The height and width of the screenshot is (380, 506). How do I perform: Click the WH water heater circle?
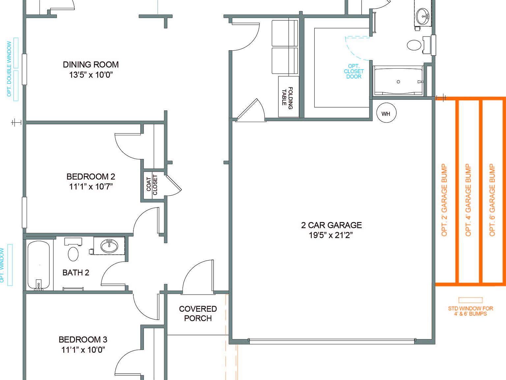pos(386,113)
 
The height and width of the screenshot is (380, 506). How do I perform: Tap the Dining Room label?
pos(91,65)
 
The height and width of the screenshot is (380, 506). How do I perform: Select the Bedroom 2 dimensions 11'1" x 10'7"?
pos(91,187)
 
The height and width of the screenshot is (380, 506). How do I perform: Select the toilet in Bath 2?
pos(73,254)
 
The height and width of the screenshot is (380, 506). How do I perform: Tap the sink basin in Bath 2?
pos(109,246)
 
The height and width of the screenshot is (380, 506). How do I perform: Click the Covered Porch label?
pos(198,313)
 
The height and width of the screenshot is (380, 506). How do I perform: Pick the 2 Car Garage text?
pos(331,225)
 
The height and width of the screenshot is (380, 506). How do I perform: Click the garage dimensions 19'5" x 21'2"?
pos(331,235)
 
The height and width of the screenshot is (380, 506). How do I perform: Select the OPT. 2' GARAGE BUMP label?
pos(444,200)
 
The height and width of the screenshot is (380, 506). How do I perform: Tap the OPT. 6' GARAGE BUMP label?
pos(492,200)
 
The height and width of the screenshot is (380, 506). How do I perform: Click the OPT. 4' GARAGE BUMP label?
pos(468,200)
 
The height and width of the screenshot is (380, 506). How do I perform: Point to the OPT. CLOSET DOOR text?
pos(354,72)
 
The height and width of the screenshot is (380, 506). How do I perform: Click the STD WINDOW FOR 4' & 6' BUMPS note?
pos(470,311)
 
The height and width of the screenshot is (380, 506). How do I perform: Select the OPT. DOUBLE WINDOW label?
pos(9,69)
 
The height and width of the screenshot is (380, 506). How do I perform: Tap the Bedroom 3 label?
pos(83,340)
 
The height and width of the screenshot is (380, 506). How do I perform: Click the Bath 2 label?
pos(76,273)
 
